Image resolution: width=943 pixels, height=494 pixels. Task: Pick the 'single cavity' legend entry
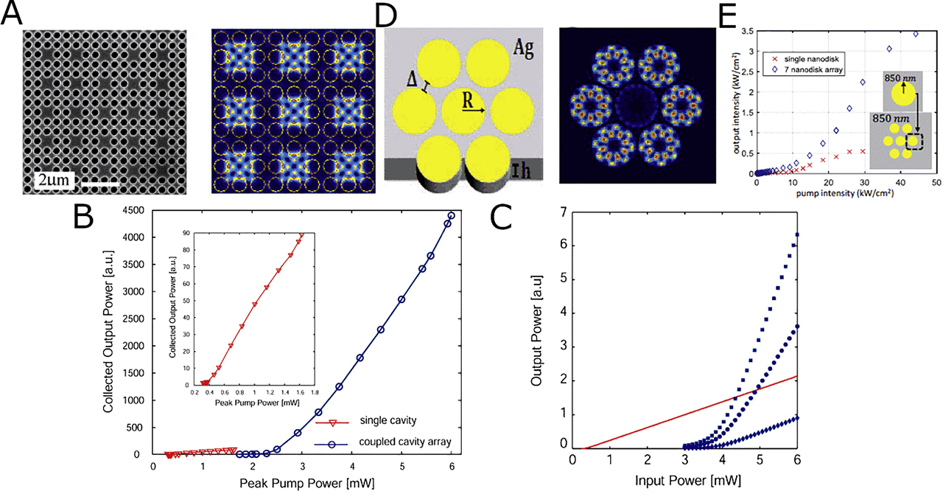coord(388,421)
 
